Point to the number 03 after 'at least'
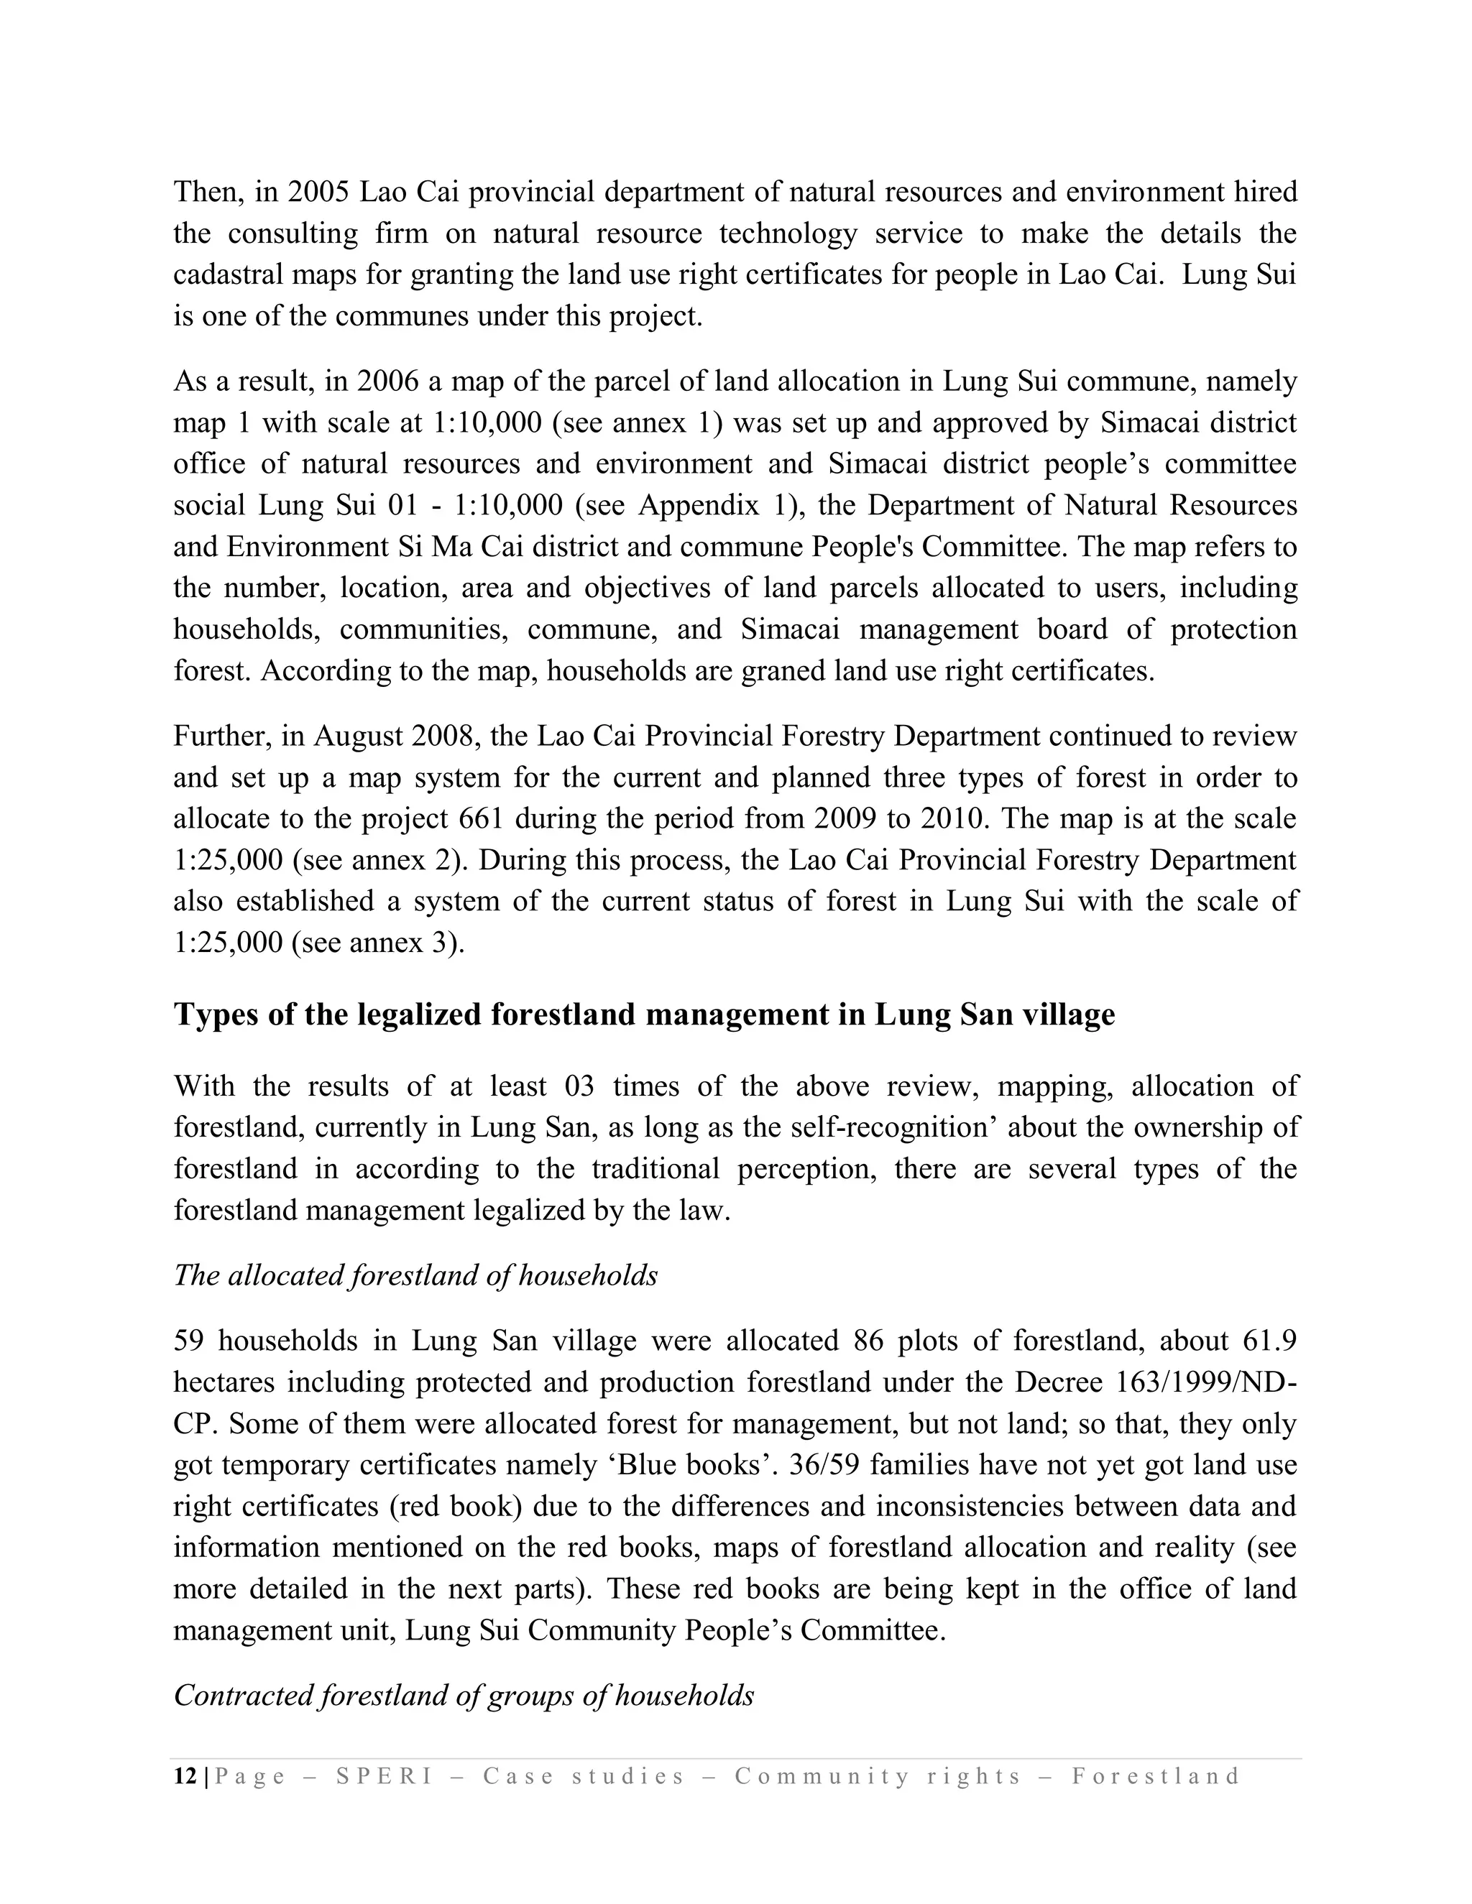click(x=580, y=1086)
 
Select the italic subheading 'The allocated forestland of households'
click(x=416, y=1275)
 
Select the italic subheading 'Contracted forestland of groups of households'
click(x=464, y=1696)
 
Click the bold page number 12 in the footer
click(x=185, y=1777)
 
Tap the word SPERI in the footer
click(x=385, y=1777)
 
